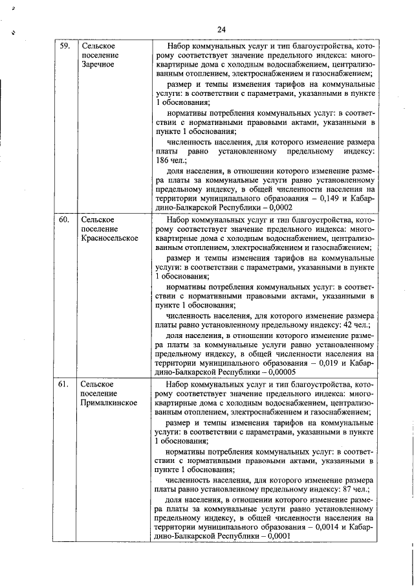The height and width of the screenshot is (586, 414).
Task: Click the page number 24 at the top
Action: pos(221,30)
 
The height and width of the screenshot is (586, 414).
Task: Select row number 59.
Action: pos(65,47)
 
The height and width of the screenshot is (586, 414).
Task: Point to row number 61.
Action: pos(65,384)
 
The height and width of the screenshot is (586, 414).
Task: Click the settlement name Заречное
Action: pos(98,65)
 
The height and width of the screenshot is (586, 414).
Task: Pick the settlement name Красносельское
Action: pos(110,238)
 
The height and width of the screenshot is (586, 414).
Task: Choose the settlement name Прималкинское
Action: pos(109,402)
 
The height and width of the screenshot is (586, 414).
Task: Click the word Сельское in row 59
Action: pos(98,47)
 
